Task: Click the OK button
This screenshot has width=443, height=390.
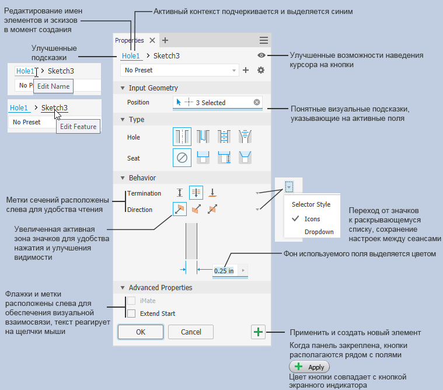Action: (141, 332)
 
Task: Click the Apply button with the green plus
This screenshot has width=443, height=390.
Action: (309, 367)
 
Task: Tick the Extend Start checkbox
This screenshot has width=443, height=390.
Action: (131, 314)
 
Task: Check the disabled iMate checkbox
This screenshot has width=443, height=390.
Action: (131, 301)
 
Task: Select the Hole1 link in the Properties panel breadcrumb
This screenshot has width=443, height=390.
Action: (131, 56)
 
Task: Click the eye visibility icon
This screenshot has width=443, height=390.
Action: (261, 55)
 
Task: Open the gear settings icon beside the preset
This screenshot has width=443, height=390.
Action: (261, 70)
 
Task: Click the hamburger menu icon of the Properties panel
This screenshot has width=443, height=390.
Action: (264, 40)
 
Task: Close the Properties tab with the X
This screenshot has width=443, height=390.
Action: (152, 40)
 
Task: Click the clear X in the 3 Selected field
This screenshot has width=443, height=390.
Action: (257, 102)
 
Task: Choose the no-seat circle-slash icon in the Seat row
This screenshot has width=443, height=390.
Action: (182, 158)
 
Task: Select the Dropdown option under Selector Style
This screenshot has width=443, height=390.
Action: (319, 232)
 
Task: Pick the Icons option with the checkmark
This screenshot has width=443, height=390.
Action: (312, 219)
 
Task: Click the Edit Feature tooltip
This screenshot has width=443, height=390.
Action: (78, 127)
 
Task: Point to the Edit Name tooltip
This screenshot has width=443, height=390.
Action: (53, 86)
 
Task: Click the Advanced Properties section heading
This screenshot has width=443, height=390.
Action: (161, 288)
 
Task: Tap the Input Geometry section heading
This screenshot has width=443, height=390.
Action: (154, 88)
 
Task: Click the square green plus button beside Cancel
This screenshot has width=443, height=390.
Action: (258, 332)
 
